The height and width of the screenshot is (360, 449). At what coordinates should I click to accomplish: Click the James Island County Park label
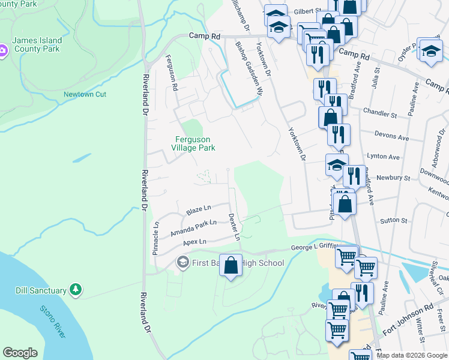(37, 44)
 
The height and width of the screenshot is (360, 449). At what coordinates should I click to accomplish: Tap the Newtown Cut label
(85, 95)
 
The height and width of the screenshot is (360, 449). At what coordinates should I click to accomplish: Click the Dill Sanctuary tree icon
(76, 290)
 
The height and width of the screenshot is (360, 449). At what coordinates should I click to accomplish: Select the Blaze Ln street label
(198, 210)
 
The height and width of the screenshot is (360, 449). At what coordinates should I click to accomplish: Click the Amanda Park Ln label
(193, 228)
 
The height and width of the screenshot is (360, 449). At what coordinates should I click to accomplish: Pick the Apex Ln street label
(194, 242)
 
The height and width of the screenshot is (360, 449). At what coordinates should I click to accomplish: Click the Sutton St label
(394, 220)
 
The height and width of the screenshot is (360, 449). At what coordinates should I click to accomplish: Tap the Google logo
(20, 353)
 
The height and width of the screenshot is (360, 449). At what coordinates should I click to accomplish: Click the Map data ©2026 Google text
(412, 355)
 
